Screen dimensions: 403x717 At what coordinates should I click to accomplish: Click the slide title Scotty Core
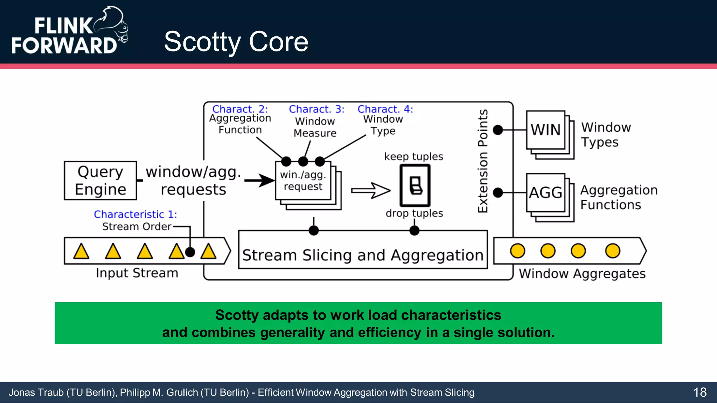tap(236, 42)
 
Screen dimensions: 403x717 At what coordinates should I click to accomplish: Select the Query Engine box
tap(100, 181)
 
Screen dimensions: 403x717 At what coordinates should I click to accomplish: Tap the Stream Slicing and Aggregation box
tap(363, 255)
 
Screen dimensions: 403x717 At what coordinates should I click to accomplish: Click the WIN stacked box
tap(546, 130)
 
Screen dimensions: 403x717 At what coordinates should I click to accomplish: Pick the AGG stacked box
tap(546, 193)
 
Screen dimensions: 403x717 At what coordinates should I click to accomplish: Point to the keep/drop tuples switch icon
tap(415, 185)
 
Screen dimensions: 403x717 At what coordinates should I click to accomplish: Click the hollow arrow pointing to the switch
tap(370, 190)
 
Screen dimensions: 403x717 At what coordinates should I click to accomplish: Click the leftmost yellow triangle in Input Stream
tap(81, 252)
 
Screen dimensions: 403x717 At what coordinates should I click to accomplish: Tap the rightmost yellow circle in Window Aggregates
tap(612, 251)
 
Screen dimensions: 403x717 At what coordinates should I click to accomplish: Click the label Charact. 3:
tap(316, 109)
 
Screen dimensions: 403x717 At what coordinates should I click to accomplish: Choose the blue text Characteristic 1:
tap(135, 214)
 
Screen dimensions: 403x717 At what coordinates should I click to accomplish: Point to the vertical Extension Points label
tap(483, 161)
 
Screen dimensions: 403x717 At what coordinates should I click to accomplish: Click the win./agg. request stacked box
tap(303, 181)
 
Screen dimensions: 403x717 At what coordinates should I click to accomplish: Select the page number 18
tap(700, 392)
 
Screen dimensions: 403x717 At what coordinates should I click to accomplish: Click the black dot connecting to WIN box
tap(498, 130)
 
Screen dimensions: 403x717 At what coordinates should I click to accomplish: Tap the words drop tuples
tap(414, 213)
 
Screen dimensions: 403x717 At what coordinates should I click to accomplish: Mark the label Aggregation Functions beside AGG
tap(619, 197)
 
